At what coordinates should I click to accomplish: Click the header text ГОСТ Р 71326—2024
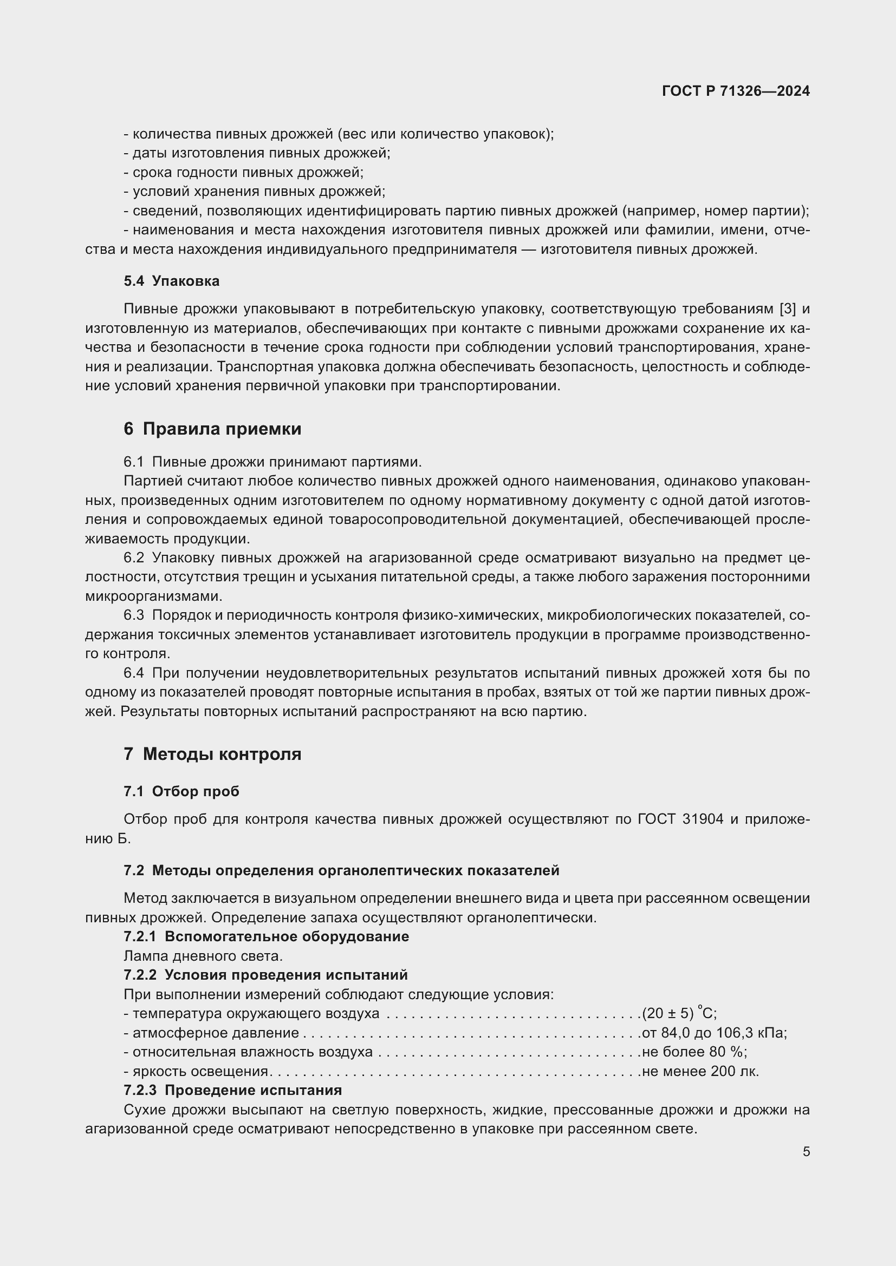(736, 91)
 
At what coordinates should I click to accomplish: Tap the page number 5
(806, 1151)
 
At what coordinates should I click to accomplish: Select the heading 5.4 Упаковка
(172, 281)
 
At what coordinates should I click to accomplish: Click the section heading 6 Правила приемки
(212, 429)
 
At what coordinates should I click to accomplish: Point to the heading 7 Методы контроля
(212, 754)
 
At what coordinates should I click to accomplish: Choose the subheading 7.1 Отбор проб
(181, 791)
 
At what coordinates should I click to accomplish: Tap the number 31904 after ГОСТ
(703, 819)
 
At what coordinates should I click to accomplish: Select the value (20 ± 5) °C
(679, 1013)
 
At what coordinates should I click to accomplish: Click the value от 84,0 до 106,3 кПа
(714, 1033)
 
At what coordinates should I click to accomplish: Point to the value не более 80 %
(694, 1052)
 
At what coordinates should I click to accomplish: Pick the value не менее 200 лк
(700, 1071)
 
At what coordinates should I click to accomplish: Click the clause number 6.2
(133, 557)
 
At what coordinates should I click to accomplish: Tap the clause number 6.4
(133, 673)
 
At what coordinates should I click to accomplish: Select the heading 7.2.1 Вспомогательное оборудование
(266, 936)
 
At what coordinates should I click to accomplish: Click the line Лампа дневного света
(203, 955)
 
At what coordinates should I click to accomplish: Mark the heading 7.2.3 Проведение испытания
(232, 1090)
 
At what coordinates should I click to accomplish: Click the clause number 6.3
(133, 615)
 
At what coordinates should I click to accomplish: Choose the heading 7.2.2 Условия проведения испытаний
(265, 974)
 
